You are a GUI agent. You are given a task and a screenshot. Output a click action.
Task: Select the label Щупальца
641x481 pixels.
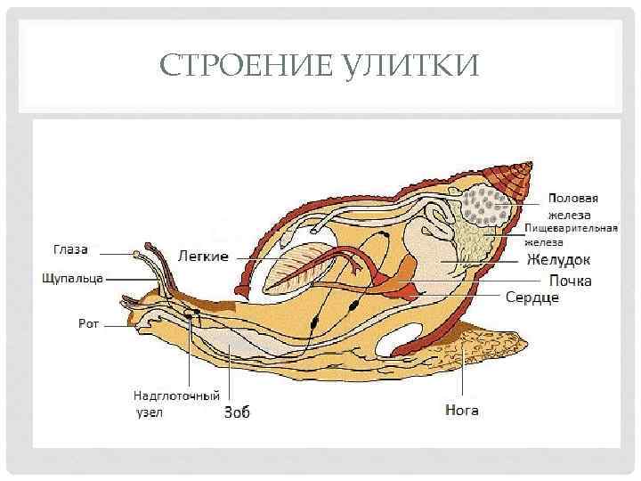coord(72,278)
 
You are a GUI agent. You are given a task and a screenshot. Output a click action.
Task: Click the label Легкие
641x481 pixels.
coord(204,256)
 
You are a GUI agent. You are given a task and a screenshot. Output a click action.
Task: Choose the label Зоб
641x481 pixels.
coord(237,412)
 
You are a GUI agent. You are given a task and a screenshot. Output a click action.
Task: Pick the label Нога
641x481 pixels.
coord(461,411)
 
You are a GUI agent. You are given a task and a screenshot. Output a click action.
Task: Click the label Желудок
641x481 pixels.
coord(558,261)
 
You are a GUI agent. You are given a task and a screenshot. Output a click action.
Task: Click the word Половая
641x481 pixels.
coord(572,199)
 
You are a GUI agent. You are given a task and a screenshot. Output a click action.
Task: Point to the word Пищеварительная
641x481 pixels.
coord(571,228)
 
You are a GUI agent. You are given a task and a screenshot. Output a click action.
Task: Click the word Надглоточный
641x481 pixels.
coord(176,395)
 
